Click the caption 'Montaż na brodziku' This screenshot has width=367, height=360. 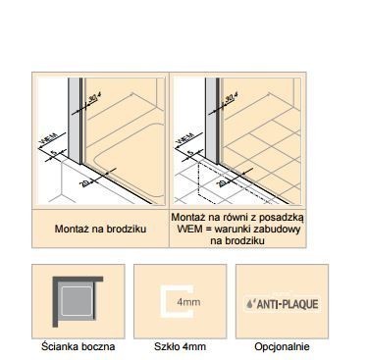point(100,229)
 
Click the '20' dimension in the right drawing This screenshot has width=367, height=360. point(225,181)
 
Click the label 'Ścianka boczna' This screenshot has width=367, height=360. point(78,346)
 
